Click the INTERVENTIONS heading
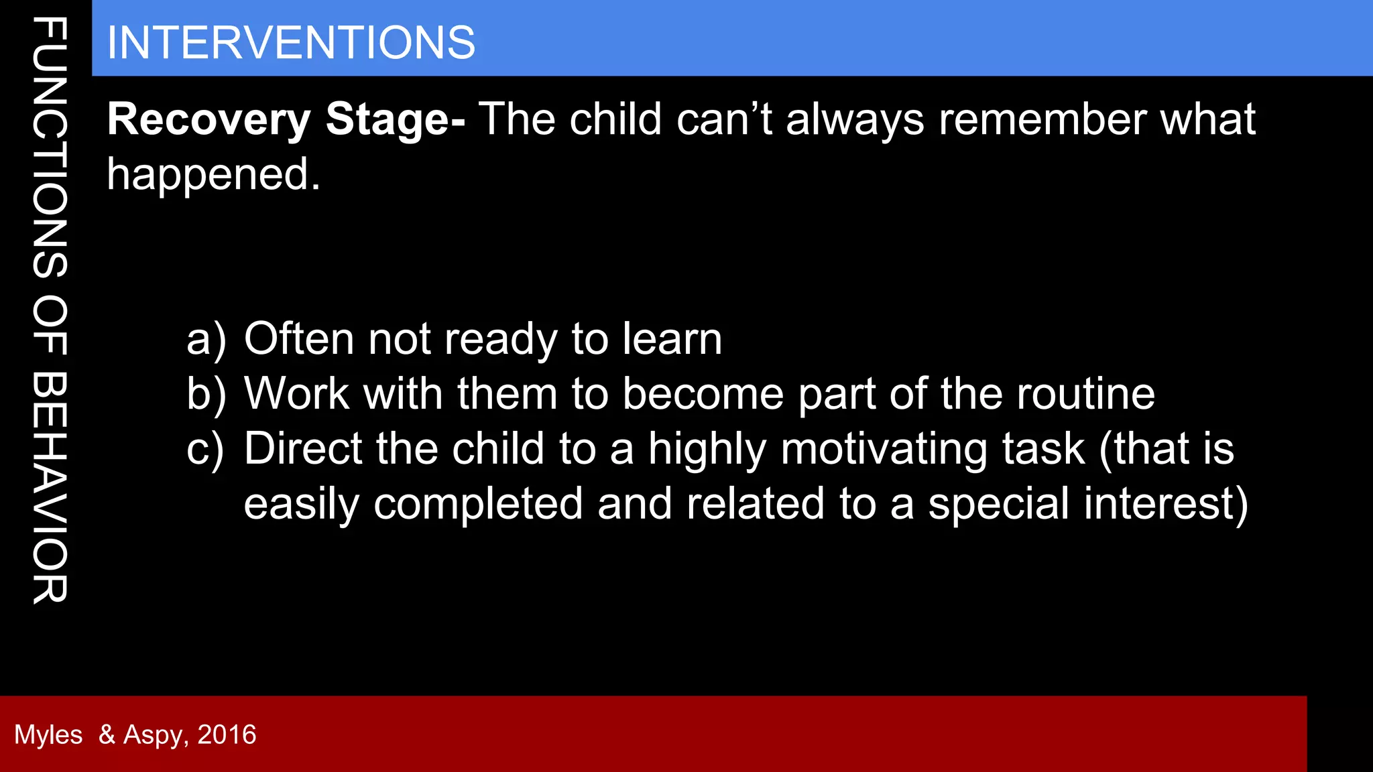click(x=291, y=43)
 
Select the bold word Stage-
click(x=396, y=120)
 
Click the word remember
click(x=1042, y=120)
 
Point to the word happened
click(x=213, y=175)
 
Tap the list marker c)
click(x=205, y=449)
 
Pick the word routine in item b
click(x=1085, y=394)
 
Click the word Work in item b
click(x=296, y=394)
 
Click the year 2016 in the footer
click(x=227, y=735)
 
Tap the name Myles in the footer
click(x=48, y=735)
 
